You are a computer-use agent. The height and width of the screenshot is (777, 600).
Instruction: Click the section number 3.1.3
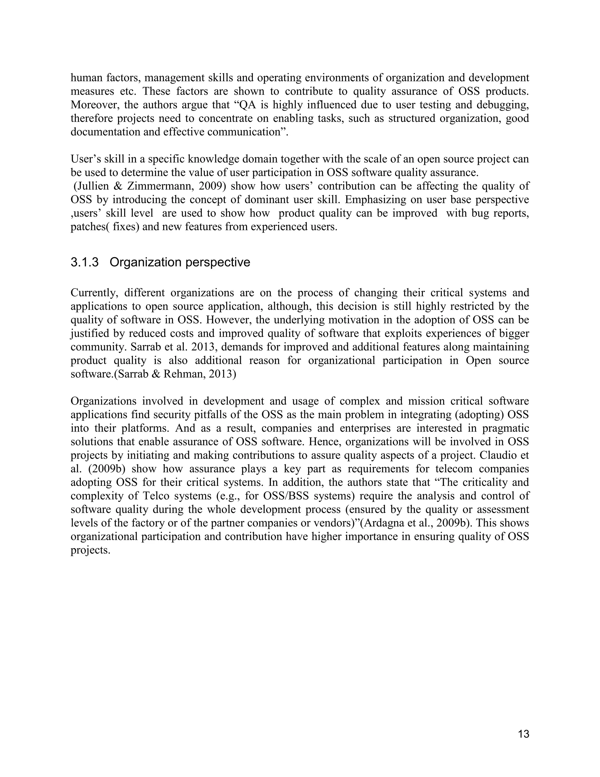[x=85, y=262]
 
